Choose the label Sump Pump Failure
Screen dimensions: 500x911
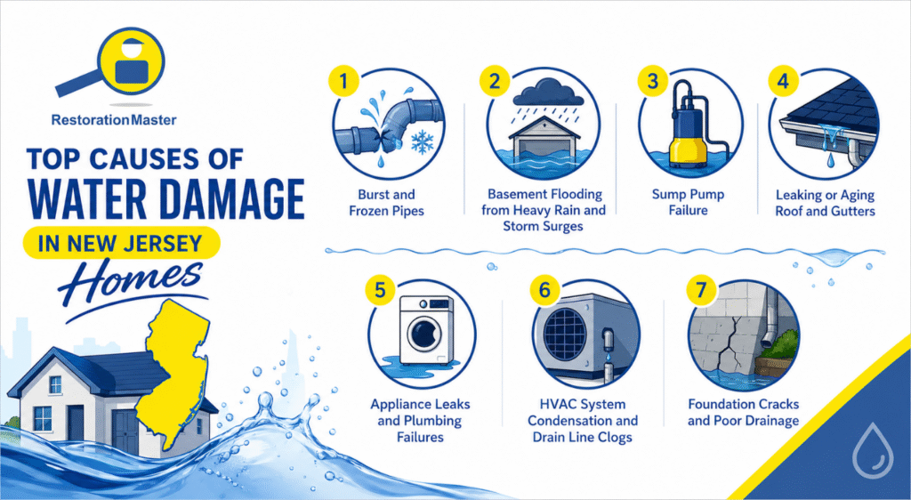689,203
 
